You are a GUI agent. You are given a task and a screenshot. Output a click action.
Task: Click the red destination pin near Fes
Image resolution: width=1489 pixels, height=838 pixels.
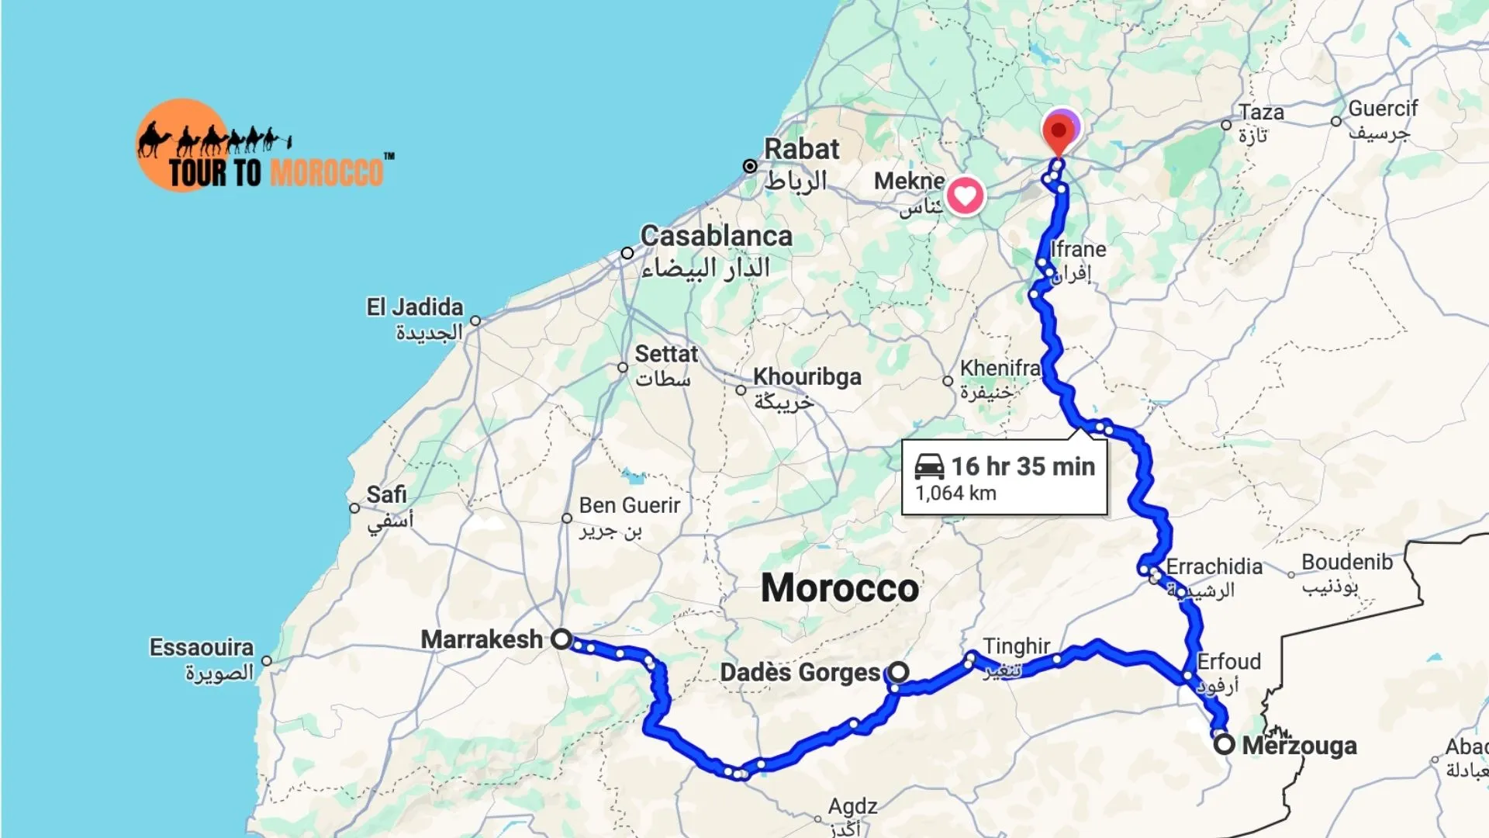(x=1059, y=132)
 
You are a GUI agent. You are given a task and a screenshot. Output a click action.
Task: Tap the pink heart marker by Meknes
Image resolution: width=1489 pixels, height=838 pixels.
(x=965, y=195)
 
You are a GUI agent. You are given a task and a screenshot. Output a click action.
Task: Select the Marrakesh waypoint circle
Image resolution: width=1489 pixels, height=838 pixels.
(x=561, y=639)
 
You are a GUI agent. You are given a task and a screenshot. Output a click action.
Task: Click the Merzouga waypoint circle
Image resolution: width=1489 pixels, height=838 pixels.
(x=1224, y=745)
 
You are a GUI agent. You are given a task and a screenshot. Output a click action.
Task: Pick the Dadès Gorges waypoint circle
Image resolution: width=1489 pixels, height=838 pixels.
(x=898, y=671)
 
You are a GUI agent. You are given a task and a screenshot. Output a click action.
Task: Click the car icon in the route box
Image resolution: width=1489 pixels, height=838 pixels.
(x=929, y=466)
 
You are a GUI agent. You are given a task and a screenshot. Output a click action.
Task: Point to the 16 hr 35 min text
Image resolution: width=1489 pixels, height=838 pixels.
(x=1023, y=466)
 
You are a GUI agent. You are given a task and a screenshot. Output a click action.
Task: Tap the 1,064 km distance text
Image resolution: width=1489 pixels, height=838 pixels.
(x=955, y=493)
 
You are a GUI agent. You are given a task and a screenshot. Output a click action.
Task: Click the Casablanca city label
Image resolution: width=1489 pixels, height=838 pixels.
(x=716, y=236)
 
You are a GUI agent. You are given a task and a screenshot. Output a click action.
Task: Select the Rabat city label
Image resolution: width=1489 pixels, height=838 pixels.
(x=802, y=149)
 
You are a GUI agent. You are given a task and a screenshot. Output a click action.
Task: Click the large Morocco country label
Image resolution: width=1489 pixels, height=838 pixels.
(x=840, y=587)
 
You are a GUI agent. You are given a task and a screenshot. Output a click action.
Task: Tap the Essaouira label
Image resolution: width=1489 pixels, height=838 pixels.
(x=202, y=647)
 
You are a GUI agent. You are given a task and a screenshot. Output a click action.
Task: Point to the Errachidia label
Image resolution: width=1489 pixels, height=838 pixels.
(x=1214, y=566)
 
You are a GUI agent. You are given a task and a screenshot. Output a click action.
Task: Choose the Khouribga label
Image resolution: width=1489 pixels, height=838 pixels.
(x=807, y=376)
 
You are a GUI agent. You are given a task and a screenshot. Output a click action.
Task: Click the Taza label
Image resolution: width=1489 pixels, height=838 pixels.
(x=1261, y=113)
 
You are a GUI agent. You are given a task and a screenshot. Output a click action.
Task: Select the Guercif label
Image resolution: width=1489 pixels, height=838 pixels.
(x=1383, y=109)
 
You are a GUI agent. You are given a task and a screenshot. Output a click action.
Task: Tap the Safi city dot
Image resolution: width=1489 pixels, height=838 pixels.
(x=354, y=508)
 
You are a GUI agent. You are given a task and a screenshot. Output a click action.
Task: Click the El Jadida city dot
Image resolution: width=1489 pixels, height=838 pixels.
(x=475, y=320)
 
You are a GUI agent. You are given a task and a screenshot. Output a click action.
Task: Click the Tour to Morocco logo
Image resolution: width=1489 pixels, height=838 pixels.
(x=264, y=147)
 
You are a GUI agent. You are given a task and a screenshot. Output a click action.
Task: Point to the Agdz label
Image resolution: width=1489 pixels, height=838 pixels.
(x=852, y=806)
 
